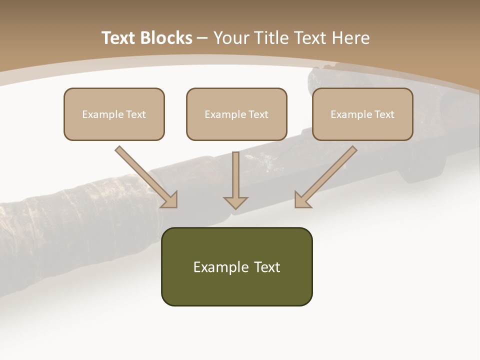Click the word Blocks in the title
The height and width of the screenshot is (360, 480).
[166, 37]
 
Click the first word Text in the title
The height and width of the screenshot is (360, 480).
[119, 37]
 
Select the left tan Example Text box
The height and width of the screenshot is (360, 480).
[114, 114]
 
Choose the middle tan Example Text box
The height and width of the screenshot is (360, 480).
[236, 114]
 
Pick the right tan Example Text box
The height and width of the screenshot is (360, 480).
[363, 114]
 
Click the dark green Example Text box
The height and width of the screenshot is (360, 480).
[237, 266]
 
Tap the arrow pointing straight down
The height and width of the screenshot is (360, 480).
[235, 180]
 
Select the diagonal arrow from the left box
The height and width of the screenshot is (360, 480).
[146, 177]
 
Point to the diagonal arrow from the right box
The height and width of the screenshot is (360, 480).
[325, 177]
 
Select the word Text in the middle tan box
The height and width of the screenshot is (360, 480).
[258, 114]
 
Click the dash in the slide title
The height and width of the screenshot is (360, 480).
[202, 38]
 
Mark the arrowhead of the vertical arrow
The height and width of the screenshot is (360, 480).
[235, 203]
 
